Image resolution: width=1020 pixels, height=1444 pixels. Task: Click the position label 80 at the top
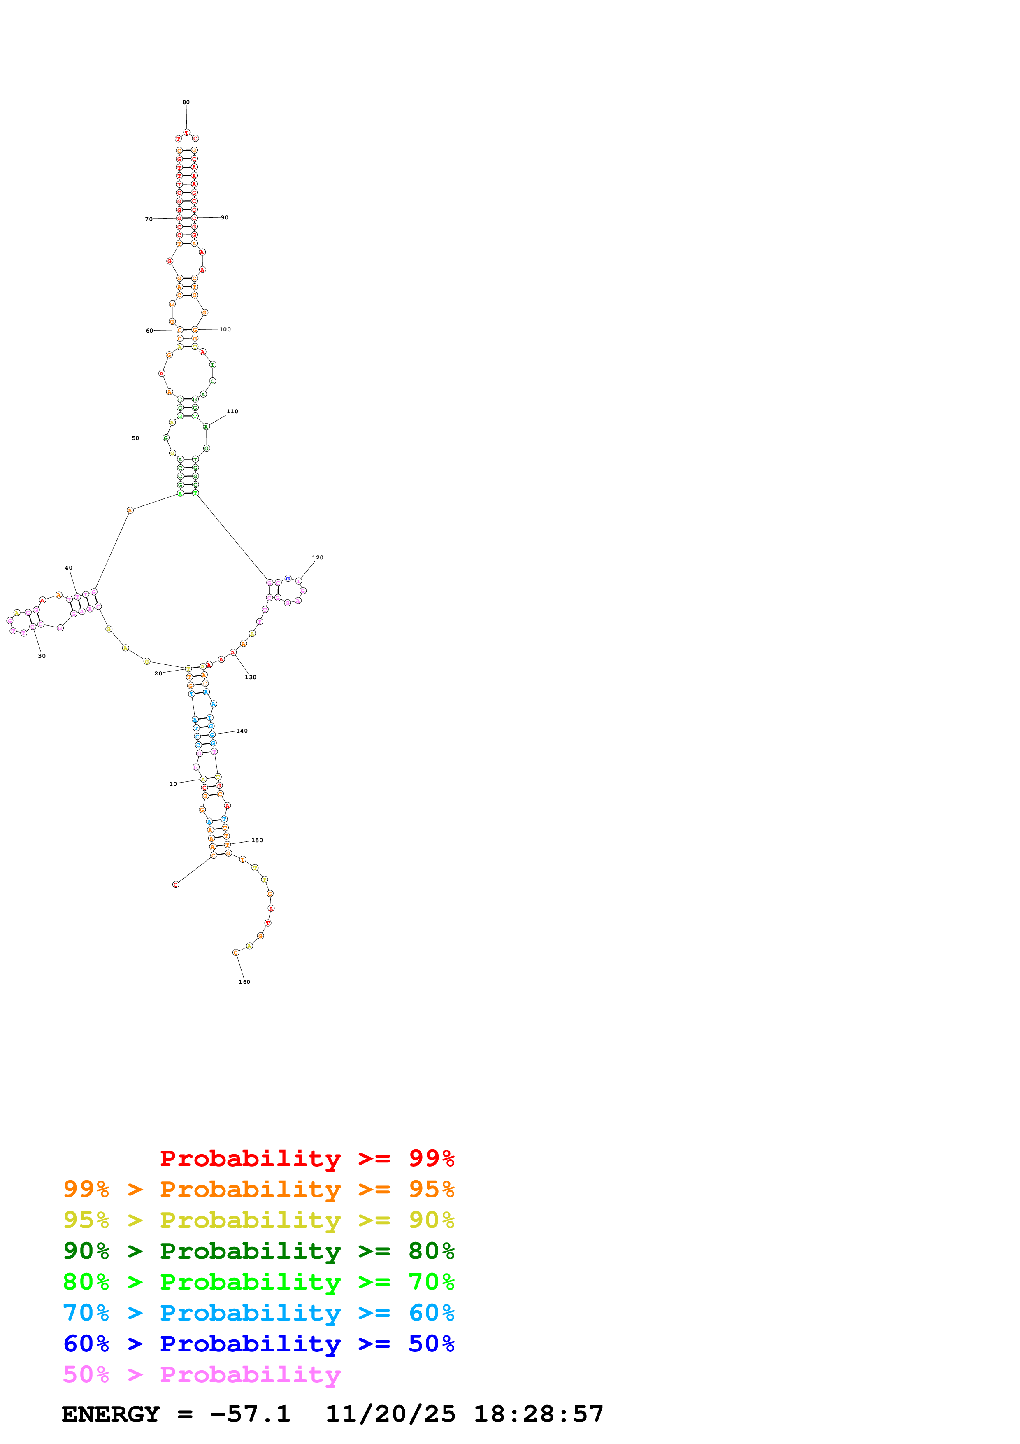186,102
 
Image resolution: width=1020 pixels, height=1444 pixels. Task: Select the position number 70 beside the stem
149,219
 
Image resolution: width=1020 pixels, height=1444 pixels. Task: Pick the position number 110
232,411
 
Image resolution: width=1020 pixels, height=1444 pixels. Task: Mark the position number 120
318,558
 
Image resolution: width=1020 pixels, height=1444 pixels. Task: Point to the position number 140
242,731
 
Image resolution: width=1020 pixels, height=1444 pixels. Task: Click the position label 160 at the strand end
244,982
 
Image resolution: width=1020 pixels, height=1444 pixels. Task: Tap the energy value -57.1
250,1414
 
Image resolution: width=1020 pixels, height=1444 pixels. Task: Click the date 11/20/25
390,1414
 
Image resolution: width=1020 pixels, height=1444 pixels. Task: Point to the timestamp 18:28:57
539,1414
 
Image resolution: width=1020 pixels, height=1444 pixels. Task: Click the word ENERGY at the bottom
111,1414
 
